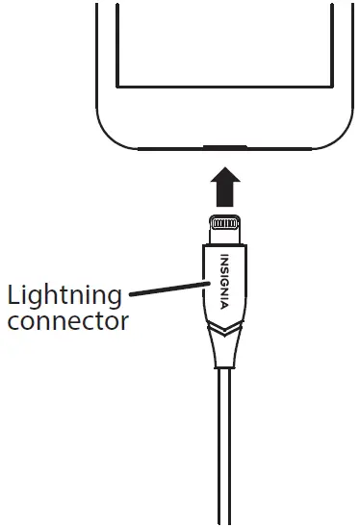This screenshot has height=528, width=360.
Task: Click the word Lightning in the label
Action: pyautogui.click(x=64, y=295)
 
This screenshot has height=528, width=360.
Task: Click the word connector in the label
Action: pyautogui.click(x=67, y=320)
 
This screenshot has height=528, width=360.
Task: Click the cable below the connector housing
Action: pyautogui.click(x=224, y=452)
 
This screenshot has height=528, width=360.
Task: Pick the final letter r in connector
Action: pyautogui.click(x=124, y=321)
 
